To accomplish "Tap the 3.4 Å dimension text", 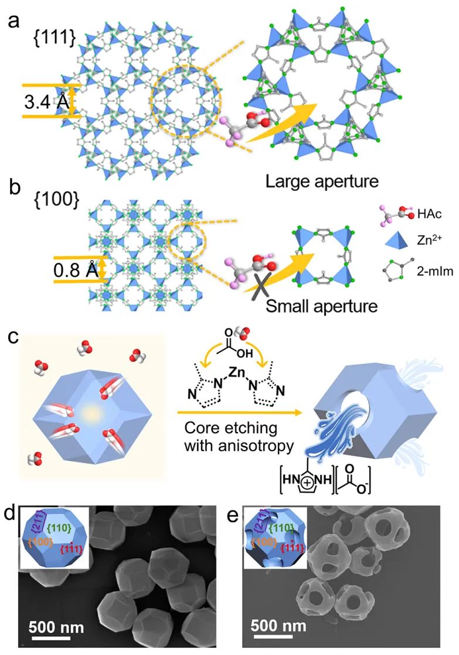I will pyautogui.click(x=45, y=101).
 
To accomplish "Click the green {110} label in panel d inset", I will pyautogui.click(x=59, y=529).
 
